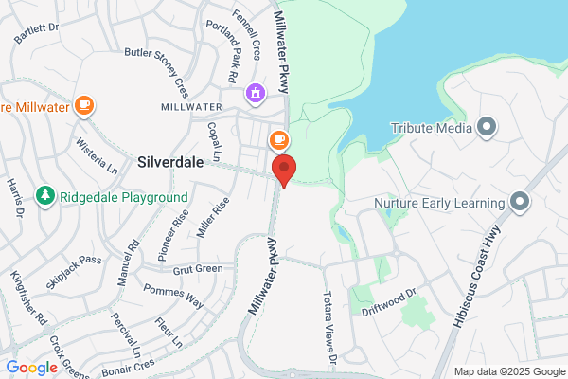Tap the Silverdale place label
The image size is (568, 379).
(170, 161)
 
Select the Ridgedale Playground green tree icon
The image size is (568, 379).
(44, 196)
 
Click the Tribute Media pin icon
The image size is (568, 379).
(487, 127)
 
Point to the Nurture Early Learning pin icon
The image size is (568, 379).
(519, 201)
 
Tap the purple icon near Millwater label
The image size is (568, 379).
(254, 93)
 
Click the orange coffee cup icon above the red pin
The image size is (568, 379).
(278, 140)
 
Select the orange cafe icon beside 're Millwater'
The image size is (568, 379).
(84, 105)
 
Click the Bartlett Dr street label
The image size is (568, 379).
(37, 30)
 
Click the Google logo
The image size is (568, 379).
(31, 368)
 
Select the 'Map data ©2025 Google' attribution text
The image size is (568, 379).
(507, 370)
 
